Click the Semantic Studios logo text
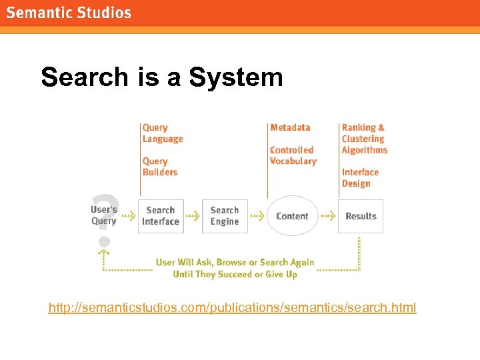coord(69,13)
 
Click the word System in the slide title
coord(236,77)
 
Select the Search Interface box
coord(161,216)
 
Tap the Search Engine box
coord(225,216)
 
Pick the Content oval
coord(292,216)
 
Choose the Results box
coord(361,216)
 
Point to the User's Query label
coord(104,215)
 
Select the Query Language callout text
coord(162,133)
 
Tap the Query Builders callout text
coord(160,167)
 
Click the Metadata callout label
coord(290,127)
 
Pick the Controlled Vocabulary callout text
coord(293,155)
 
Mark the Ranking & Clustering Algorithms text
coord(364,139)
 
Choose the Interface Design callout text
coord(360,178)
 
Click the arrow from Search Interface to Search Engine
coord(193,216)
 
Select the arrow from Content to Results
coord(328,216)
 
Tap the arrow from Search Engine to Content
coord(257,216)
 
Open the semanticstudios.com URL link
coord(232,307)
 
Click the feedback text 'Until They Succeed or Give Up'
coord(235,274)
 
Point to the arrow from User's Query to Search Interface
coord(128,216)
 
